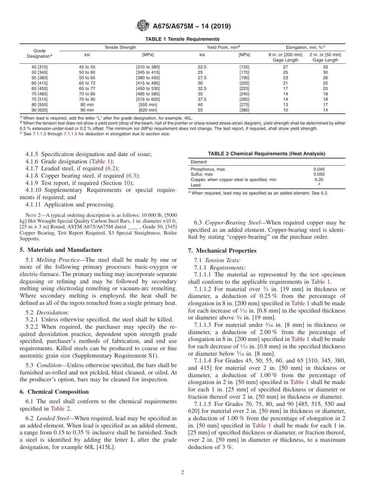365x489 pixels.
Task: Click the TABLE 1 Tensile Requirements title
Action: click(x=182, y=39)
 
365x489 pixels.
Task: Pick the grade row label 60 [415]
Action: click(x=40, y=83)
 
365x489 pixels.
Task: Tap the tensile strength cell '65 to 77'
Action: click(x=87, y=88)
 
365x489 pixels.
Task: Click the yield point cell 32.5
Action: click(x=202, y=88)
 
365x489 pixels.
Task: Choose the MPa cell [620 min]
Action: click(x=148, y=110)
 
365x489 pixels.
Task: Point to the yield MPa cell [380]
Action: click(x=244, y=110)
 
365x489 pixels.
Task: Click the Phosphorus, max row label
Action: click(x=208, y=169)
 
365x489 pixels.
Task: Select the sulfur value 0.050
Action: click(x=319, y=175)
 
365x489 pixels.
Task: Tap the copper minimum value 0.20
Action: click(x=319, y=180)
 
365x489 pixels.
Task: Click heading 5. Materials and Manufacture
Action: click(x=61, y=250)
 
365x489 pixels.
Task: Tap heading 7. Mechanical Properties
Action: click(x=222, y=251)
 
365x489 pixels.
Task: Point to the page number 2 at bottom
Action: click(x=182, y=472)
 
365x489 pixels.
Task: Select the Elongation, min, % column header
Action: click(x=305, y=47)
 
